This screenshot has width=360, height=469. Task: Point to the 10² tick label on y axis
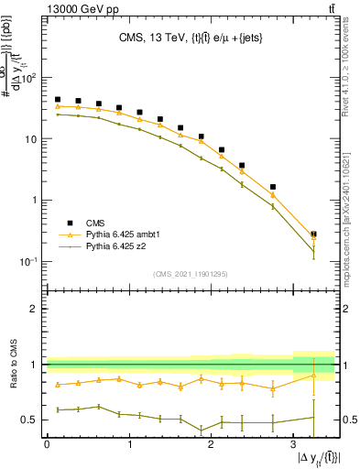[29, 78]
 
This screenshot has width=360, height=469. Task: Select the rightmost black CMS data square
[313, 234]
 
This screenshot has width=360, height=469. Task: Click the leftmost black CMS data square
[58, 99]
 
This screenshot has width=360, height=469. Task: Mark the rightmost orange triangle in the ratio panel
[313, 376]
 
